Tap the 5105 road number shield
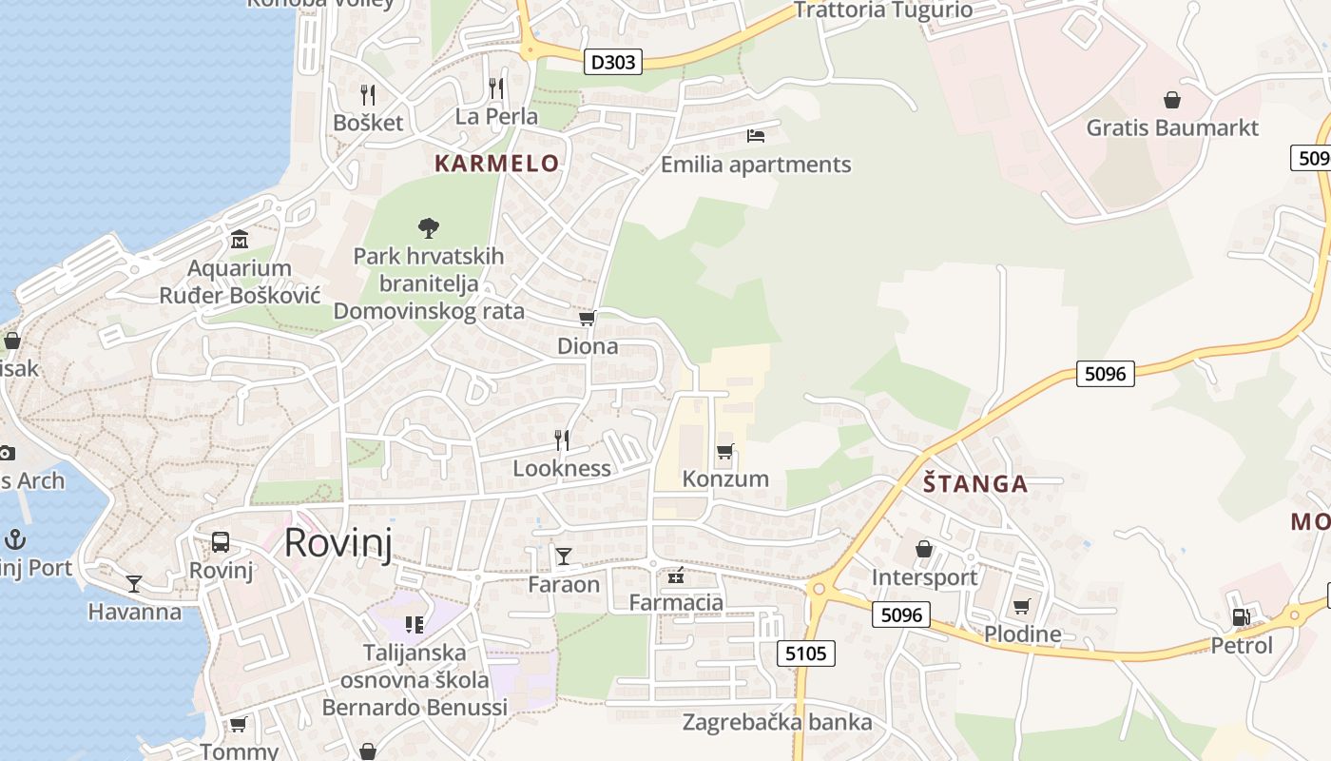[x=806, y=654]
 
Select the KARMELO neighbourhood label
[x=496, y=163]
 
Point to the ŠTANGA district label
[x=975, y=483]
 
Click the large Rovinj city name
[x=338, y=542]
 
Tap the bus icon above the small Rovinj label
[x=221, y=542]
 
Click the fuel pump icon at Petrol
[x=1241, y=616]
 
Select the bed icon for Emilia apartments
[x=756, y=136]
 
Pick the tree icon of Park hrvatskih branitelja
[x=429, y=227]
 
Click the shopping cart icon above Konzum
[x=725, y=451]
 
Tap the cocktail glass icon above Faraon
[x=564, y=556]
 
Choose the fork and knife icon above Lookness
[x=562, y=439]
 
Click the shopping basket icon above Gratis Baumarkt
[x=1172, y=100]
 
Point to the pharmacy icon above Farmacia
[x=676, y=575]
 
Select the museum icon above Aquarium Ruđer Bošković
[x=240, y=239]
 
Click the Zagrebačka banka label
[x=777, y=722]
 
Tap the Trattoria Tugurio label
[x=882, y=10]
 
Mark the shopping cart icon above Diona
[x=588, y=319]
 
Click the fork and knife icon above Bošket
[x=368, y=94]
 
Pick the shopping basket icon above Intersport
[x=923, y=549]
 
